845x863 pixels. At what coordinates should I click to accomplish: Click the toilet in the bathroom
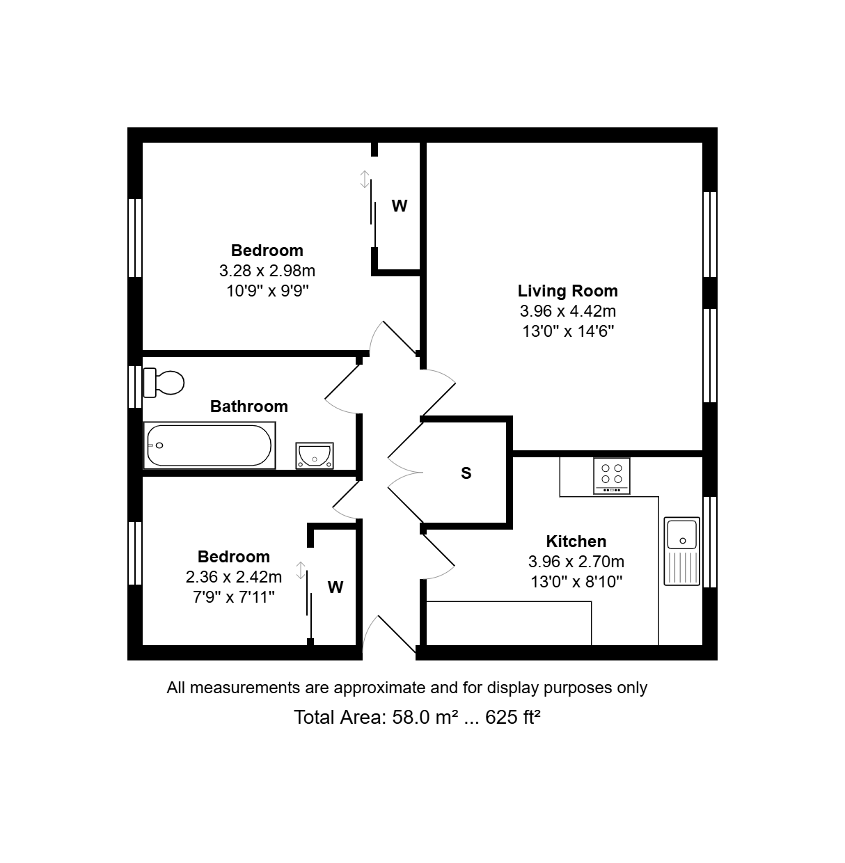point(164,383)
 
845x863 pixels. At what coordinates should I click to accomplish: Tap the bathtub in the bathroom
point(210,445)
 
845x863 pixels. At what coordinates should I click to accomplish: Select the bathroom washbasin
point(315,456)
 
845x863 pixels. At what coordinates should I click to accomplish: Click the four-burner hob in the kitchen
point(612,475)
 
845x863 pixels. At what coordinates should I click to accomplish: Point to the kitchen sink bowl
point(682,535)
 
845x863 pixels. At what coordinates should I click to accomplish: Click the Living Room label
point(568,291)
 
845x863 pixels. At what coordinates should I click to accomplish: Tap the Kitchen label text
point(576,541)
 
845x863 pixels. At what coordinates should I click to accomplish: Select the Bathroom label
point(249,406)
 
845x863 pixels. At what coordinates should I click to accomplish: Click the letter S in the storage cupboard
point(466,473)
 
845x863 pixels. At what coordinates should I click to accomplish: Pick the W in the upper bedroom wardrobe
point(400,206)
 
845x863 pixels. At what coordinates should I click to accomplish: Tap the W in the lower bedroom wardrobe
point(335,587)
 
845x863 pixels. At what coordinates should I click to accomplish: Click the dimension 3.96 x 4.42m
point(568,311)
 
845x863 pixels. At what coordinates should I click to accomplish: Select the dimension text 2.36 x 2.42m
point(234,577)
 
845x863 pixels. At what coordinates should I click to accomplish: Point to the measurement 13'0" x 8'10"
point(576,583)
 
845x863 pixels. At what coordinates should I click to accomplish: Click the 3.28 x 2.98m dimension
point(267,271)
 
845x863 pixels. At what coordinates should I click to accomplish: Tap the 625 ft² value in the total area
point(512,718)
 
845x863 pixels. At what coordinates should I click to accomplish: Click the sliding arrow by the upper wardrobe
point(365,179)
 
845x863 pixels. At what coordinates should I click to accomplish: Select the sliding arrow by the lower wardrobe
point(301,571)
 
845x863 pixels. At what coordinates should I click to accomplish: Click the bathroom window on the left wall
point(135,387)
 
